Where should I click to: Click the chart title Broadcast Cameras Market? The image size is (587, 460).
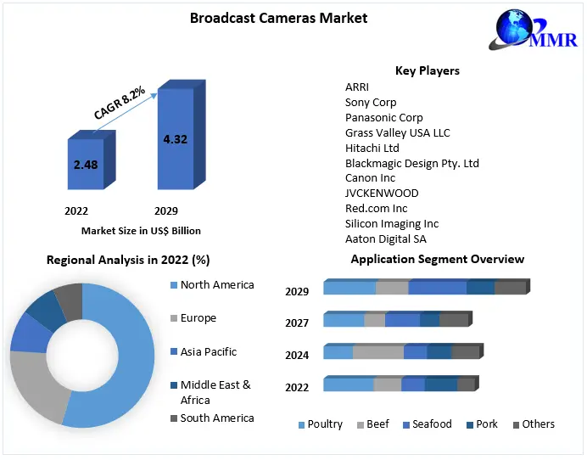pos(278,18)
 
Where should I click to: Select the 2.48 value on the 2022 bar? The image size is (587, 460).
pos(86,165)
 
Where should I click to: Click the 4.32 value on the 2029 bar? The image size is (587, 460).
pos(175,139)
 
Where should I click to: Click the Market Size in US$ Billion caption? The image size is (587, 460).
pos(141,230)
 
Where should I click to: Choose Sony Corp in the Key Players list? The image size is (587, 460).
pos(371,102)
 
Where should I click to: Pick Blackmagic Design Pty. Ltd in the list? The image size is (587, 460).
pos(412,163)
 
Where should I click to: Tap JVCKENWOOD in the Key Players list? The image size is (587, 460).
pos(382,194)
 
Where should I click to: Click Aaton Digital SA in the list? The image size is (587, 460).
pos(386,239)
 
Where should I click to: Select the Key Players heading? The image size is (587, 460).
pos(428,70)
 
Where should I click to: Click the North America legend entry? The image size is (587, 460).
pos(216,285)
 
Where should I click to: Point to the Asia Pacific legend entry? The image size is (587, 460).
pos(208,351)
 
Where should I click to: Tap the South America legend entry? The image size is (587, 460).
pos(216,418)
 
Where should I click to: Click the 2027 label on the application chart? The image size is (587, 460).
pos(297,323)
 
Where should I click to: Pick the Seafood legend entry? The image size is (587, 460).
pos(432,424)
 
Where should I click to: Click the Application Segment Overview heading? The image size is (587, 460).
pos(438,259)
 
